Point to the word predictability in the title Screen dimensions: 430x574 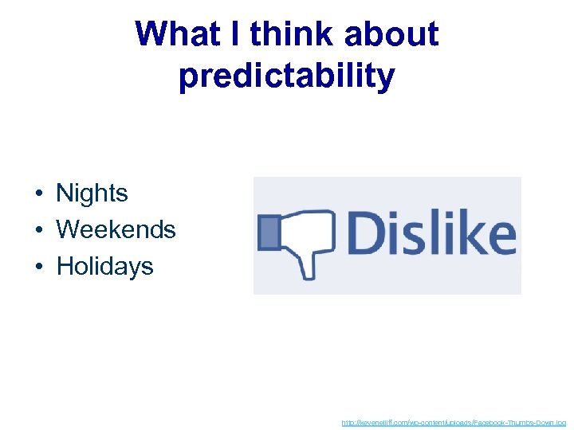point(287,76)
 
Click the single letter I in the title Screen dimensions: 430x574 point(238,34)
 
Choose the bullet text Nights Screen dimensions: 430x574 point(92,193)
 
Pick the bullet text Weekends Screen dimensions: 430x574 point(116,230)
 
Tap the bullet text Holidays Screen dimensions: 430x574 point(104,266)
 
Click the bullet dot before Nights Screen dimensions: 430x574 point(38,194)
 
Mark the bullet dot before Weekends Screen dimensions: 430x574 point(38,231)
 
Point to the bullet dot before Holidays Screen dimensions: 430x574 point(38,267)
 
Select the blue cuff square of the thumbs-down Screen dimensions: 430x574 point(269,233)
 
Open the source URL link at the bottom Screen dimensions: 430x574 point(454,422)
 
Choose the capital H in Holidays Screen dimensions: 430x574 point(65,266)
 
